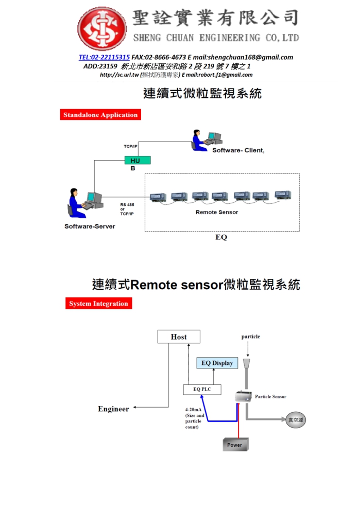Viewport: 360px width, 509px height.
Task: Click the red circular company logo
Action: click(x=102, y=29)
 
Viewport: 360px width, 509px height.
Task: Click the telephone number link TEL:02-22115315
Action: click(x=104, y=57)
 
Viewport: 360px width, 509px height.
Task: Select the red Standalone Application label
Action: click(x=100, y=115)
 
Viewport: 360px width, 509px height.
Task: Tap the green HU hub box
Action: click(x=137, y=160)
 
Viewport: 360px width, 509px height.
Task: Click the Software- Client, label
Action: click(x=238, y=150)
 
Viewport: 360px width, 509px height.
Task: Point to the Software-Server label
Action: click(x=90, y=226)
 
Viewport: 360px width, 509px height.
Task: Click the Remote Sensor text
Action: click(x=217, y=212)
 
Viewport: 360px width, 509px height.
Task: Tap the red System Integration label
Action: click(x=98, y=304)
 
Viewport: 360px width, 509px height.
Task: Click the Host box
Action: click(x=179, y=337)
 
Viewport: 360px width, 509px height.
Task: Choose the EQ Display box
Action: click(x=217, y=363)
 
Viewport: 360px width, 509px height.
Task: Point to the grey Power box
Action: click(x=234, y=445)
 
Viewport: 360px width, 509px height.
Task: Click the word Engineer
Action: click(x=113, y=409)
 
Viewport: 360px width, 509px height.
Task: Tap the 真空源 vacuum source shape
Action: click(x=296, y=420)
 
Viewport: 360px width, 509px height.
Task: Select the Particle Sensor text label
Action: click(x=270, y=397)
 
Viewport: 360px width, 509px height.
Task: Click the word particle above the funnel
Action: click(x=251, y=337)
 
